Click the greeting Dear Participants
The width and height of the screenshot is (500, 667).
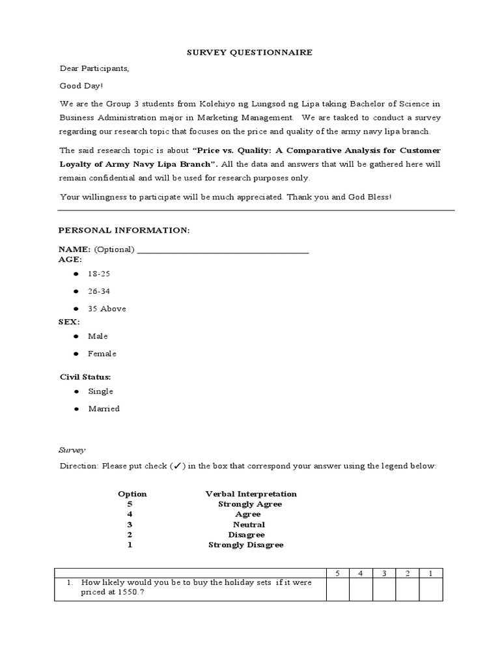pos(94,68)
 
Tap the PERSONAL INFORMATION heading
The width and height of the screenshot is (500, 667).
pos(124,231)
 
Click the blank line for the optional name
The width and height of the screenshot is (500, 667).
pos(223,250)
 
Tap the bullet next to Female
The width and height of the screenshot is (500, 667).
pos(76,354)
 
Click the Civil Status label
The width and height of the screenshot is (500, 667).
pos(85,377)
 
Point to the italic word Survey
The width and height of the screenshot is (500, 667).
pos(72,450)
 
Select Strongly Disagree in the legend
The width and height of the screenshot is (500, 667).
pos(245,545)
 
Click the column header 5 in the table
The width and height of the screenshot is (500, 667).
pos(337,573)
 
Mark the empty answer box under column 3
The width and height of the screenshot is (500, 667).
pos(384,589)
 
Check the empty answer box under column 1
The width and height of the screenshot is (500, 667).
pos(430,589)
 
